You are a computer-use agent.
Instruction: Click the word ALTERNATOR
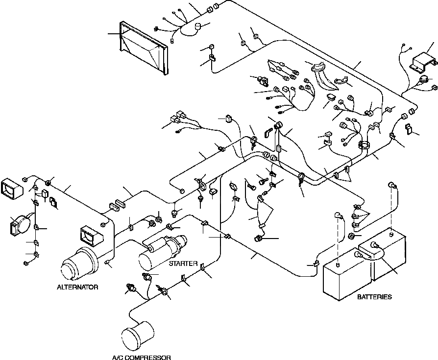[x=77, y=287]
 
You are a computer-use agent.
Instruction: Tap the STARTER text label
[x=183, y=264]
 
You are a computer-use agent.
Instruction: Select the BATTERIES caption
[x=374, y=297]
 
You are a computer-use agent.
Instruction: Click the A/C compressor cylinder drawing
[x=137, y=333]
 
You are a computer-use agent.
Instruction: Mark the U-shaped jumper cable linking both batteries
[x=375, y=252]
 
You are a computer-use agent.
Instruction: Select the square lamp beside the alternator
[x=91, y=237]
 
